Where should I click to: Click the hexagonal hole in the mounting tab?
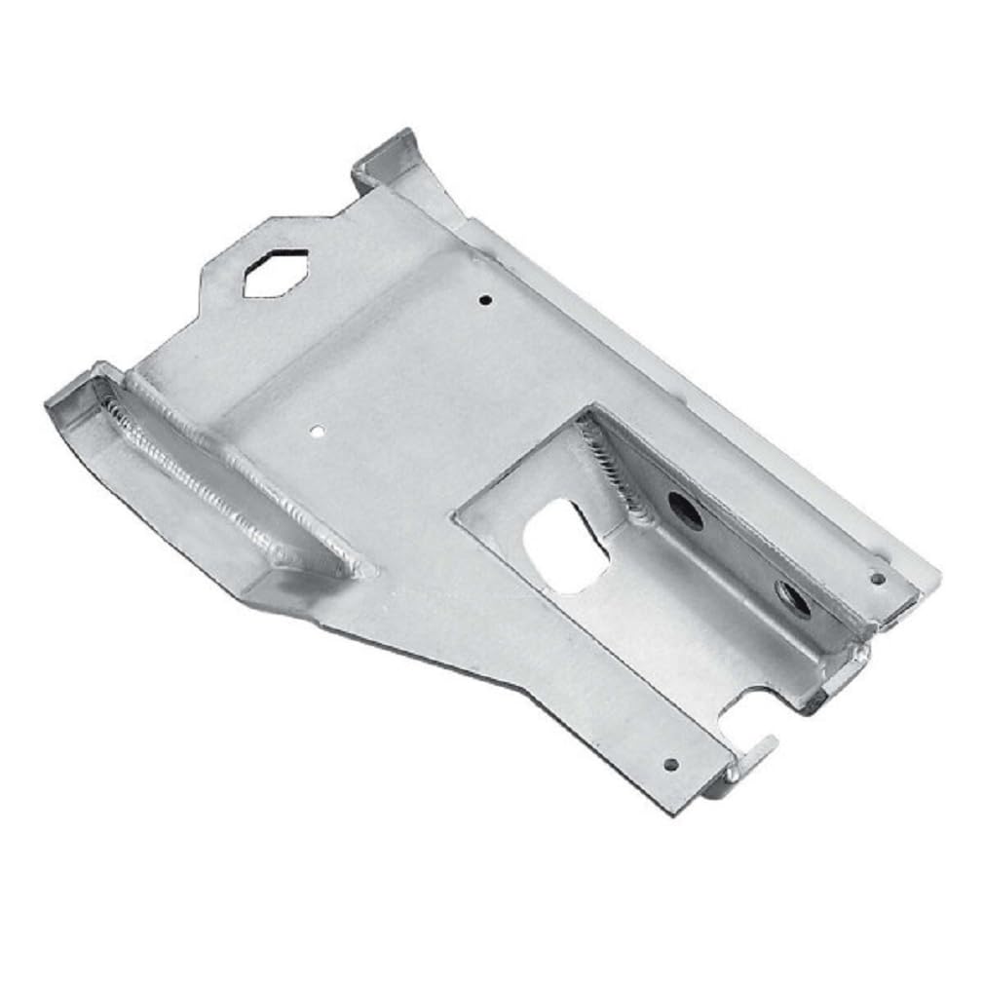point(276,272)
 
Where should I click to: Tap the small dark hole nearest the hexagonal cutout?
point(486,300)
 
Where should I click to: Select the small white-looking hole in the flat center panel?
point(317,428)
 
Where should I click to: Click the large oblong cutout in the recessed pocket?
point(566,546)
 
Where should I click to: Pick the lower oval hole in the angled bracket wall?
point(794,598)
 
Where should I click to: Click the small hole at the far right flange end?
point(877,578)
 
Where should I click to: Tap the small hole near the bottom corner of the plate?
point(669,765)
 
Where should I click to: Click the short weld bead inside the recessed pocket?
point(614,468)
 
